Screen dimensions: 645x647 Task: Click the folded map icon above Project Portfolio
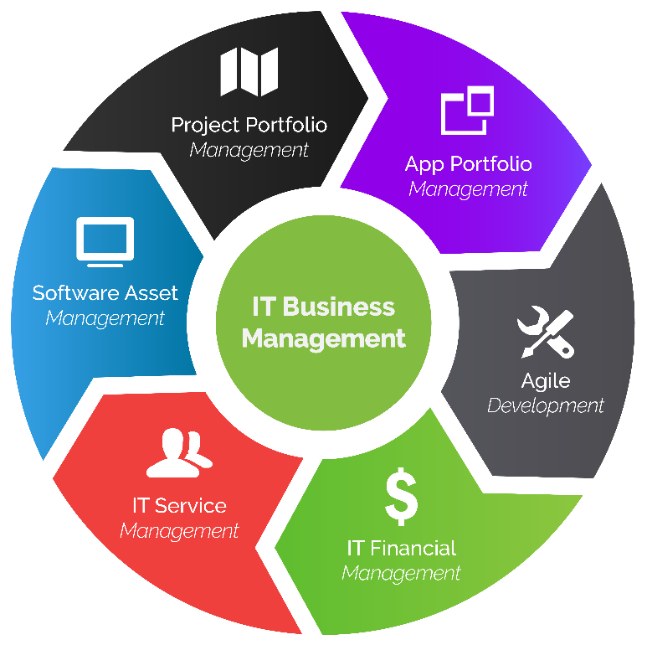coord(249,72)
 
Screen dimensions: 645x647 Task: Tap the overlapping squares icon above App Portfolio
coord(468,111)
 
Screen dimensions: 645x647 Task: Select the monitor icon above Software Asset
coord(105,240)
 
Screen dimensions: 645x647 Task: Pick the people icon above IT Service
coord(178,452)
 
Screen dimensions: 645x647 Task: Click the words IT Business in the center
coord(323,307)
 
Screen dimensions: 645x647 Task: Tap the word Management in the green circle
coord(323,338)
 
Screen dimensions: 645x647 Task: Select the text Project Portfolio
coord(249,126)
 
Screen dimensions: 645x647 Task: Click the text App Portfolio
coord(468,163)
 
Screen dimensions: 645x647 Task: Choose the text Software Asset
coord(105,293)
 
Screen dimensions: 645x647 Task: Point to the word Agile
coord(545,381)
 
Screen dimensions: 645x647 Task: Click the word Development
coord(545,406)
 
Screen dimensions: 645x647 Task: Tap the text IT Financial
coord(401,549)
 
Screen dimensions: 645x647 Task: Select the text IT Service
coord(178,506)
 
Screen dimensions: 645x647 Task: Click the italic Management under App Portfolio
coord(468,189)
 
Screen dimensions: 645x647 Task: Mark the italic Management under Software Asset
coord(105,318)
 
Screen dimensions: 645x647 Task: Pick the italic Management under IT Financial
coord(401,574)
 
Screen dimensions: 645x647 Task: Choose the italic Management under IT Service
coord(178,531)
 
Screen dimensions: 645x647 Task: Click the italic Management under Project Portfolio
coord(249,151)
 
